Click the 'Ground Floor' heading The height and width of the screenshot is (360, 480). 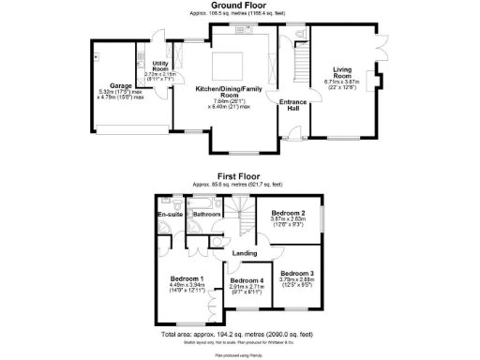(x=239, y=7)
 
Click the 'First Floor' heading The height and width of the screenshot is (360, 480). (x=239, y=174)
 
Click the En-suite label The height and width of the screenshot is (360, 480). (x=169, y=215)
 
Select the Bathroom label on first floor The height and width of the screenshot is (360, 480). (x=207, y=215)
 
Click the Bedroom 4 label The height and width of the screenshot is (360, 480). (x=247, y=280)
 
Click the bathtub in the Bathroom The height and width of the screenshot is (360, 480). (x=208, y=201)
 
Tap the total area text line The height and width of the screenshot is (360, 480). (x=239, y=334)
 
